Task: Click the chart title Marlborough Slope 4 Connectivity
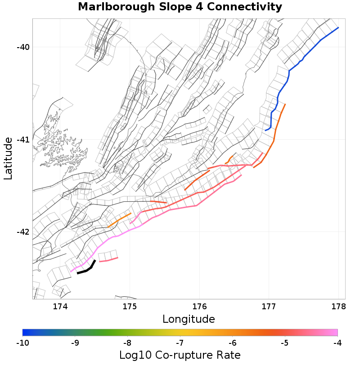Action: pyautogui.click(x=180, y=7)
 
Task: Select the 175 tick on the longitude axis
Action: pyautogui.click(x=130, y=307)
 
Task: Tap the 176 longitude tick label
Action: pyautogui.click(x=199, y=307)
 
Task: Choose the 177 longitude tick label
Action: pyautogui.click(x=269, y=307)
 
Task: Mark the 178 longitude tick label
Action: pyautogui.click(x=338, y=307)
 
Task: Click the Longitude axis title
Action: pyautogui.click(x=189, y=319)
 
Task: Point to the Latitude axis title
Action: pyautogui.click(x=8, y=159)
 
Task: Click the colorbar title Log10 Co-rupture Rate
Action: pyautogui.click(x=180, y=355)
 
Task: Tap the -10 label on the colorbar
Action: pyautogui.click(x=22, y=343)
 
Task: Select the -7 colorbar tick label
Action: pyautogui.click(x=180, y=343)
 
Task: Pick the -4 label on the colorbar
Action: pyautogui.click(x=337, y=343)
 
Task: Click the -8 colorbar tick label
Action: pyautogui.click(x=127, y=343)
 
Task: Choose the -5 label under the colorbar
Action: pyautogui.click(x=285, y=343)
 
